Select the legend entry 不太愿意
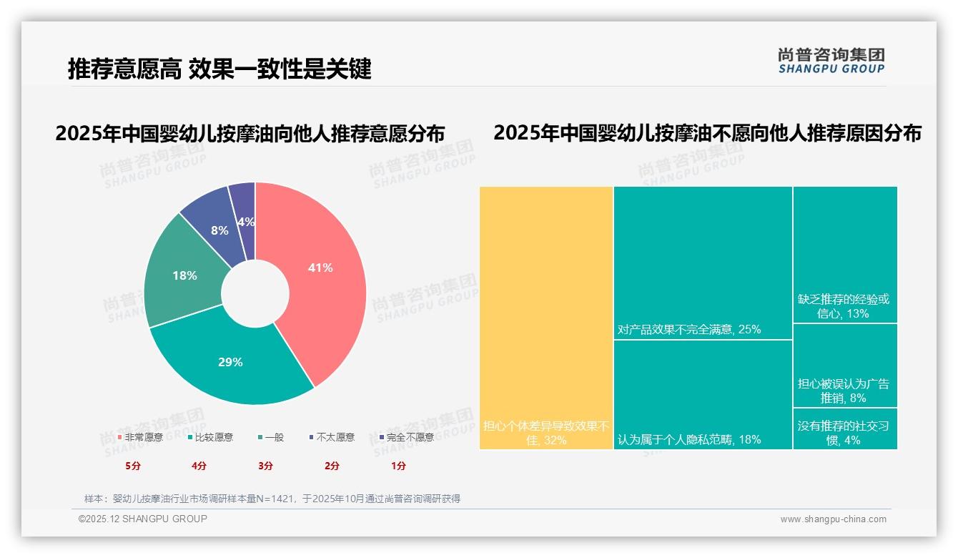click(335, 437)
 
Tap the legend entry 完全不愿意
click(409, 437)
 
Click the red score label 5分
click(133, 466)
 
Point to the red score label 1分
click(398, 466)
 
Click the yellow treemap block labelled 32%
click(546, 318)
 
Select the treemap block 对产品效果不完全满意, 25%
click(703, 263)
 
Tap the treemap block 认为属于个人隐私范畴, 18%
click(703, 394)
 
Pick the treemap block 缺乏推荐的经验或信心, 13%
click(845, 255)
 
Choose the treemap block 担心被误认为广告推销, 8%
click(845, 366)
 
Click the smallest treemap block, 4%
click(845, 429)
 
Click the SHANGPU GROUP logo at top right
click(831, 61)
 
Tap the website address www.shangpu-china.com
click(833, 519)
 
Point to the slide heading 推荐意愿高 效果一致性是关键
click(219, 69)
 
